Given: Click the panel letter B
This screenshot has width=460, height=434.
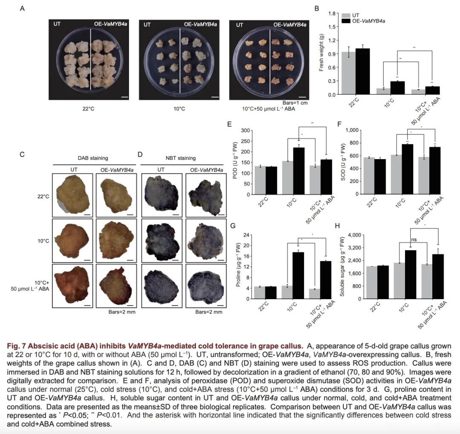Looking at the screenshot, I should coord(316,8).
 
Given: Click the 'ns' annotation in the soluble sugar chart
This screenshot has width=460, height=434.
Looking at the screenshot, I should coord(414,240).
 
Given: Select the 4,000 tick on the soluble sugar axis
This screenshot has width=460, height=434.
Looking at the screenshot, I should coord(355,235).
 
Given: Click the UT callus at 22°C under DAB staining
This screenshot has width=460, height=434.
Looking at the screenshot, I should coord(71,194).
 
